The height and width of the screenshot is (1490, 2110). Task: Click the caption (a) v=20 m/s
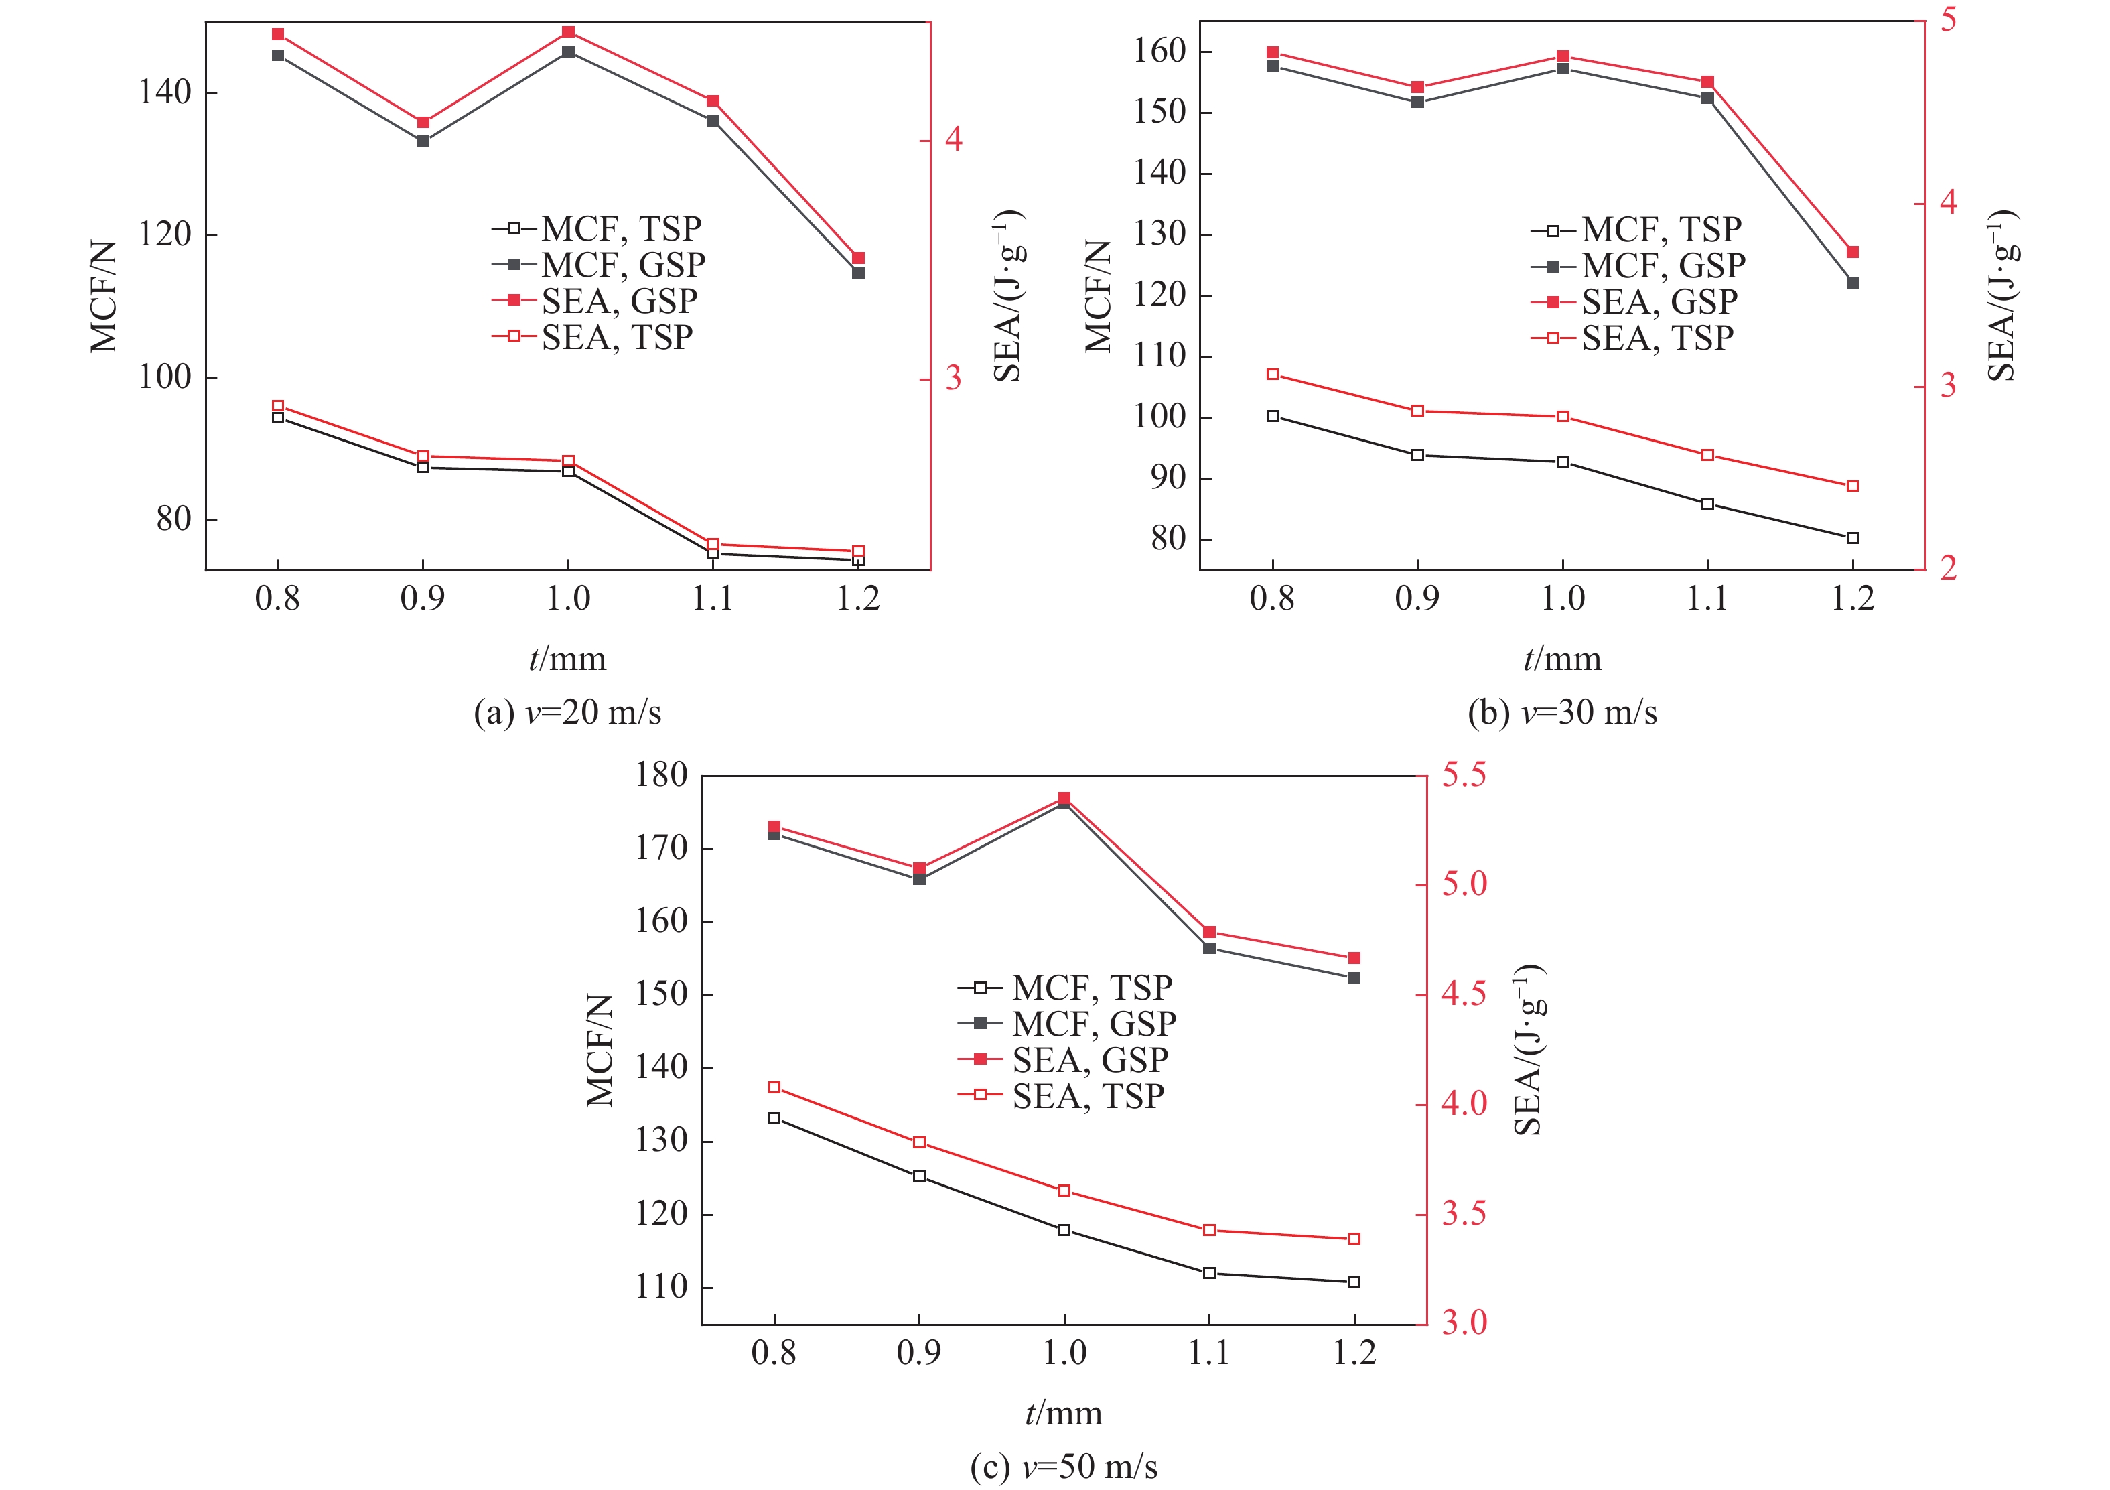click(x=567, y=712)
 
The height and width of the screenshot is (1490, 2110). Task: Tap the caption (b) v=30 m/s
click(x=1562, y=712)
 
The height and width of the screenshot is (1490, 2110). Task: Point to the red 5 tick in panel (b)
click(x=1947, y=19)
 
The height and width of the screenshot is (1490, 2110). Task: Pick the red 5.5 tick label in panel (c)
click(x=1463, y=775)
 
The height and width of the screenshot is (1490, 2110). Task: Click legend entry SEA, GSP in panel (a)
click(x=618, y=301)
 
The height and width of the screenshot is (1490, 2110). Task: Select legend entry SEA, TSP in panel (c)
click(x=1087, y=1095)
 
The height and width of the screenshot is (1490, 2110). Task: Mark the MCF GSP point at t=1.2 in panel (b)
click(x=1853, y=283)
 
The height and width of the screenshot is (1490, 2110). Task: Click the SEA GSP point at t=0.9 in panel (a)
click(x=423, y=122)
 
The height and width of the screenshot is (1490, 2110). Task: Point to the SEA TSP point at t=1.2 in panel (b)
click(x=1853, y=486)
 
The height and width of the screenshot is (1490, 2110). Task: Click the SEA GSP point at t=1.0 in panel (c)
click(x=1064, y=798)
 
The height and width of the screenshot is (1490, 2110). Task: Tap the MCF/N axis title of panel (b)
click(x=1098, y=296)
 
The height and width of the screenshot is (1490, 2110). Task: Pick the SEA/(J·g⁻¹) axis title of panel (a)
click(x=1008, y=296)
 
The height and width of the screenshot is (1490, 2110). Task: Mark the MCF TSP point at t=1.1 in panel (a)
click(x=713, y=553)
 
